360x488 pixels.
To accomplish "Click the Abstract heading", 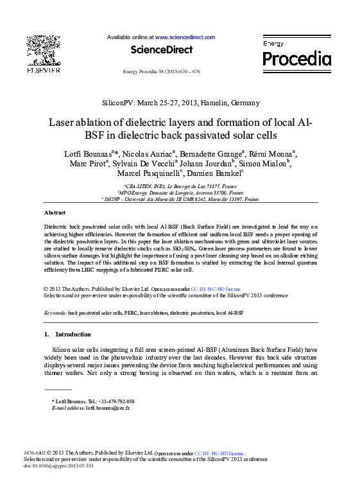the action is tap(55, 213).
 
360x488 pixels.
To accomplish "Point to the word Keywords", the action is tap(55, 313).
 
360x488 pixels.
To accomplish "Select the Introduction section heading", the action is tap(73, 335).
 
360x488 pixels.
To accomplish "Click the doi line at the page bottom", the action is tap(58, 466).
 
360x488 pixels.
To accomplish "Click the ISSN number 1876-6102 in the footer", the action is tap(35, 453).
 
